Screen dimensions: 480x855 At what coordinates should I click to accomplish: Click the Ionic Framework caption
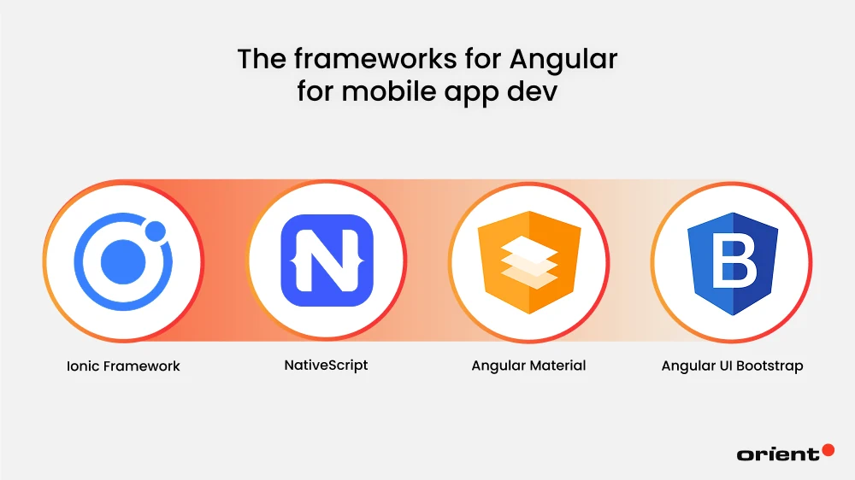point(124,366)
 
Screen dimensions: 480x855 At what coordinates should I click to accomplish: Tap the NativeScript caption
point(326,365)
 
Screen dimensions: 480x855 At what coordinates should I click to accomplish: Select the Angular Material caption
point(528,366)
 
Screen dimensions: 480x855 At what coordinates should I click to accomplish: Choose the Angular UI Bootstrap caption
point(732,366)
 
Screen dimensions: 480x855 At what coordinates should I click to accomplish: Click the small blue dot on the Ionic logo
point(155,231)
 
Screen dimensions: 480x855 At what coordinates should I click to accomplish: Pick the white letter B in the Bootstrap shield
point(733,262)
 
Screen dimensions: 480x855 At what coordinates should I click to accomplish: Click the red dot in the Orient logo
point(827,449)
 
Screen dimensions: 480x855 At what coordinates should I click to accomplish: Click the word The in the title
point(259,60)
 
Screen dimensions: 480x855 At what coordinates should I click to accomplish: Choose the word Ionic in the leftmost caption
point(83,366)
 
